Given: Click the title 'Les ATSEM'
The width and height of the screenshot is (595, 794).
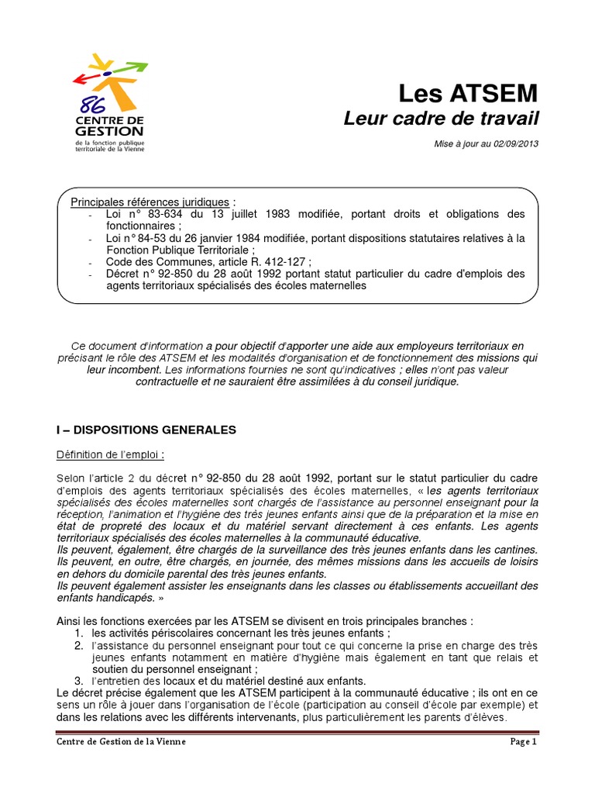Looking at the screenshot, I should [467, 94].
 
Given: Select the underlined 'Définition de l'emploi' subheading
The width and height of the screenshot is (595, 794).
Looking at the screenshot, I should [111, 454].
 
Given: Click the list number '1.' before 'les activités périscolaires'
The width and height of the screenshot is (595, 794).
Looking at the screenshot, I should [78, 633].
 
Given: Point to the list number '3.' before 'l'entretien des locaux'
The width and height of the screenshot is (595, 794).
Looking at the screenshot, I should [78, 680].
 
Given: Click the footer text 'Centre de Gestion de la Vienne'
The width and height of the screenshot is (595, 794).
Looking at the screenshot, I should [122, 741].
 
